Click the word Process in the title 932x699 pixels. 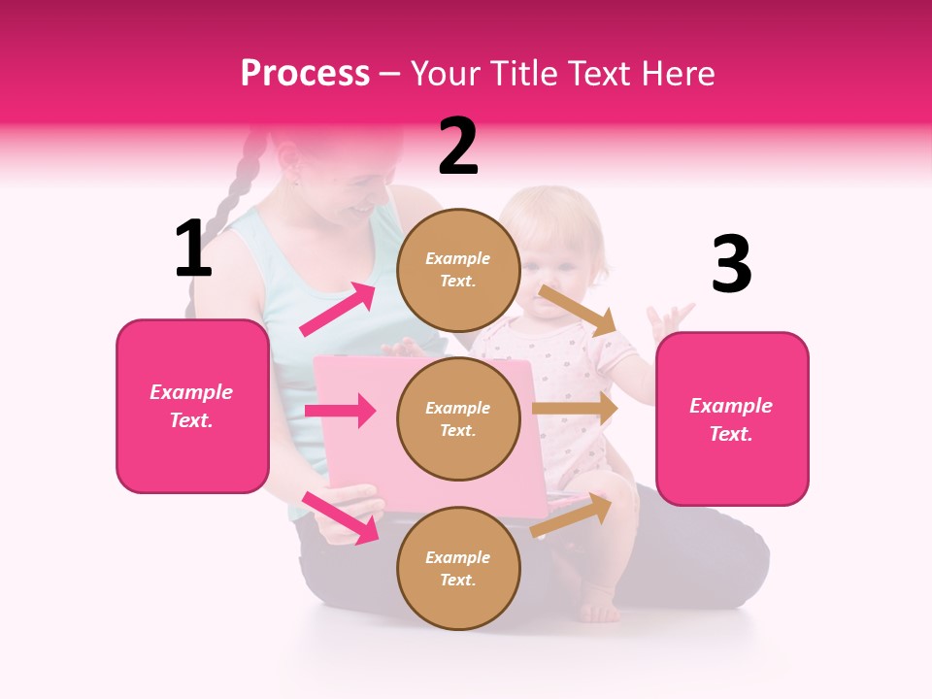pos(305,73)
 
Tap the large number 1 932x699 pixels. pos(193,249)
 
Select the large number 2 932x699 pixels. pos(458,147)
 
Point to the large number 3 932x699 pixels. pos(731,264)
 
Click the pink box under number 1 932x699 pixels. pos(192,406)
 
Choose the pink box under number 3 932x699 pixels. pos(732,419)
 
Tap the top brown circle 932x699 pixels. pos(458,270)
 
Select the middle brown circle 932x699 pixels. pos(458,419)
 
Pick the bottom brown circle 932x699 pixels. pos(458,568)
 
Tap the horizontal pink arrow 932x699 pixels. pos(340,411)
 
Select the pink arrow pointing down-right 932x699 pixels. pos(340,516)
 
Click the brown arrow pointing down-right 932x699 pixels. pos(578,309)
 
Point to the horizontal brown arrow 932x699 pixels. pos(575,409)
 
